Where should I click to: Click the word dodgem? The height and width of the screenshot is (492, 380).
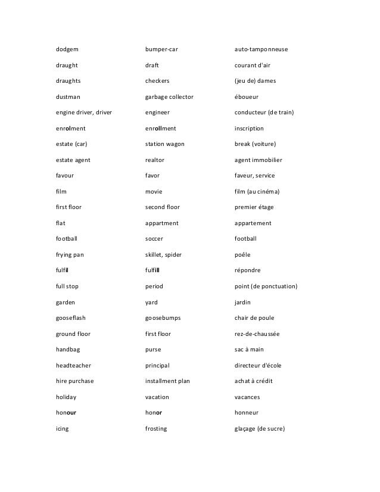point(67,49)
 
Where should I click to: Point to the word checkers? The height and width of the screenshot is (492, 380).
point(157,80)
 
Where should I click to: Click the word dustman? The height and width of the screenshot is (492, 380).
point(68,96)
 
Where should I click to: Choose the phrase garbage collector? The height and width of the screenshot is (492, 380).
point(169,96)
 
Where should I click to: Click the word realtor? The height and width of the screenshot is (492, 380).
point(155,160)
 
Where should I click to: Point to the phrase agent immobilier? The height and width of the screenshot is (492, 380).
point(258,160)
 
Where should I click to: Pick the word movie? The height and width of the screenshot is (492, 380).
point(154,191)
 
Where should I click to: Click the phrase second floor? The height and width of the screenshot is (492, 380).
point(163,207)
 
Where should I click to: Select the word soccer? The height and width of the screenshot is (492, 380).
point(154,239)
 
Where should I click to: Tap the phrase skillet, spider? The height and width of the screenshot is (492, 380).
point(164,254)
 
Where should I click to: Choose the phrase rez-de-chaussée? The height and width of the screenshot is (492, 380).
point(257,334)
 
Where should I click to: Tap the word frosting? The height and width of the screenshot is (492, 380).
point(156,429)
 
